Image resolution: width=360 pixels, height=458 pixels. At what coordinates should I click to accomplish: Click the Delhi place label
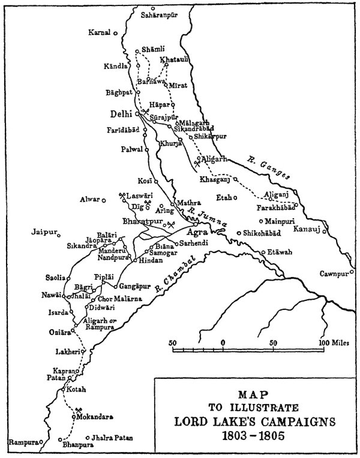(122, 113)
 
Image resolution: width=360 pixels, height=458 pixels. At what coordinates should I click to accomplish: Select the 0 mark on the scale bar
(223, 342)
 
